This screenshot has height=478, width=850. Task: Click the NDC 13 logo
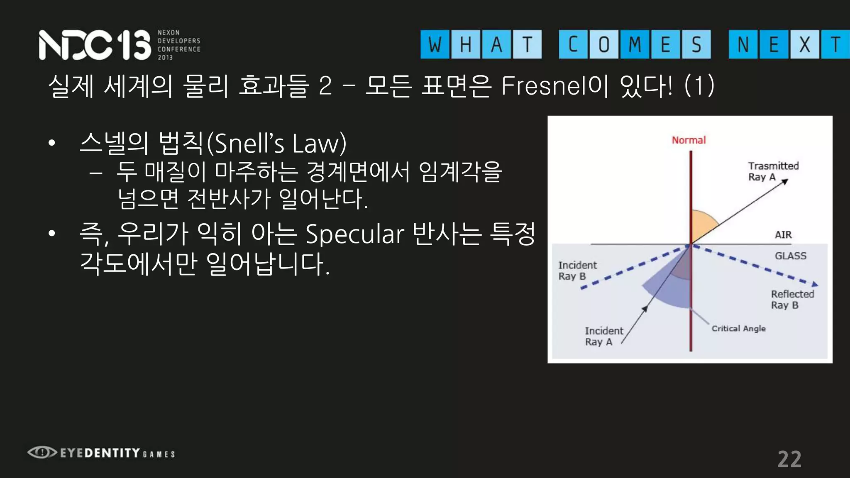[x=95, y=45]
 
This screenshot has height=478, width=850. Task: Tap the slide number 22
[x=789, y=459]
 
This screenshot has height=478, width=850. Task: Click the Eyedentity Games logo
[x=101, y=453]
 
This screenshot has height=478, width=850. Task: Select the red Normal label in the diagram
[x=689, y=140]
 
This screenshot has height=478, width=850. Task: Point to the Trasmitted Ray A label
[x=773, y=171]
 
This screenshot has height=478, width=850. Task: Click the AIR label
[x=783, y=235]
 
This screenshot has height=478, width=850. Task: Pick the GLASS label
[x=790, y=256]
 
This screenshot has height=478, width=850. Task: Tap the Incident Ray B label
[x=577, y=271]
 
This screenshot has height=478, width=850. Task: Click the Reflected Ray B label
[x=792, y=299]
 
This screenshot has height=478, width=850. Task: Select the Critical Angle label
[x=738, y=329]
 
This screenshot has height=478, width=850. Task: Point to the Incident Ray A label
[x=603, y=336]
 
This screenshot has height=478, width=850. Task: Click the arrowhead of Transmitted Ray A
[x=785, y=181]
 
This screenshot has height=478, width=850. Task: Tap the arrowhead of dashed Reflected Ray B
[x=815, y=284]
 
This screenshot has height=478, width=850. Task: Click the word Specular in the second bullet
[x=355, y=234]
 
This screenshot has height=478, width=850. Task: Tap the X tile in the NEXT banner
[x=804, y=44]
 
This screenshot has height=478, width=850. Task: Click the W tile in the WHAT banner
[x=435, y=44]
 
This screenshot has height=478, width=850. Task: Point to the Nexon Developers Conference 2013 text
[x=179, y=45]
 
